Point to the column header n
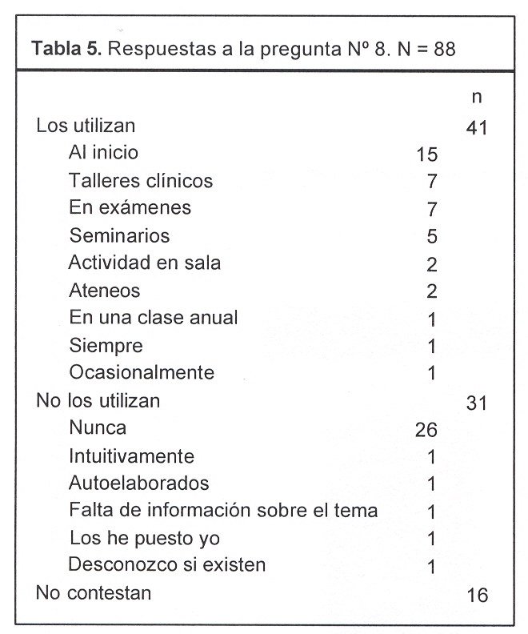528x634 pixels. click(476, 97)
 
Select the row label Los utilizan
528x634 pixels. click(86, 126)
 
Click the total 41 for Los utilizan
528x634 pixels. click(476, 128)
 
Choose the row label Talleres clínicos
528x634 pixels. click(141, 181)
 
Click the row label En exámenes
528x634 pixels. click(130, 208)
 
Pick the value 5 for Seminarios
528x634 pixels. click(432, 237)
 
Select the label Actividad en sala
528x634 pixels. click(145, 263)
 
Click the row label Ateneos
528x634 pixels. click(105, 291)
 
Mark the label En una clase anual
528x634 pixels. click(154, 317)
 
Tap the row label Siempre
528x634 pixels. click(106, 346)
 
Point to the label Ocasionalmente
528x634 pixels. click(142, 372)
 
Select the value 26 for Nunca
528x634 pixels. click(426, 431)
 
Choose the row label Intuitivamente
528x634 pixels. click(132, 456)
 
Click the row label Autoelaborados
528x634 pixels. click(139, 484)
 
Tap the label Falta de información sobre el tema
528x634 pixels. click(223, 511)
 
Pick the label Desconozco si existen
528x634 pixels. click(167, 564)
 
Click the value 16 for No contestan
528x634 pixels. click(476, 596)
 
